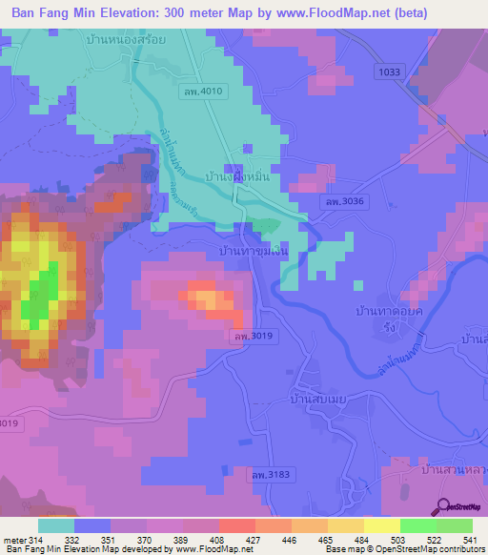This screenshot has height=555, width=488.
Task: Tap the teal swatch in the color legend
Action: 56,525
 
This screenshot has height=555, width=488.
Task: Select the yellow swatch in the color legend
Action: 381,525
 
